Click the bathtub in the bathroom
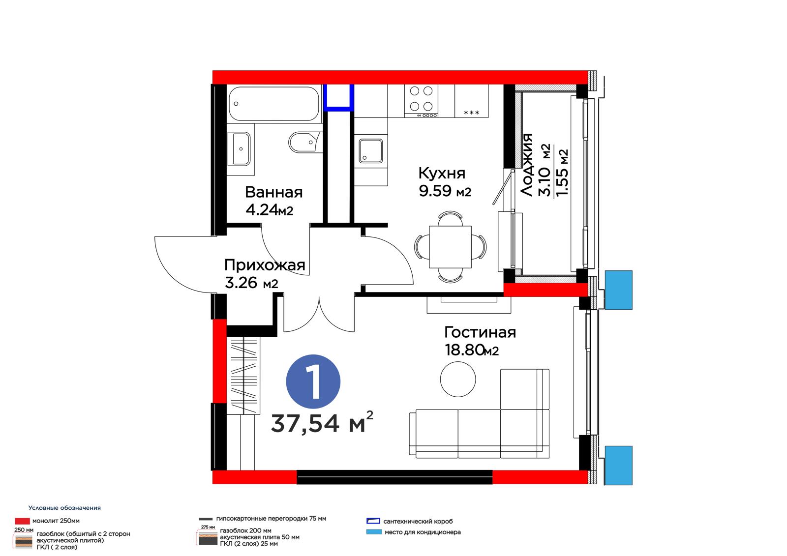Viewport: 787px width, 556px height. coord(273,104)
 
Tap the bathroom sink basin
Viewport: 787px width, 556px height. coord(239,148)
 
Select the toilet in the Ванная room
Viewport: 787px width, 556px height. coord(305,142)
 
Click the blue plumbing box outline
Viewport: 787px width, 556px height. coord(338,98)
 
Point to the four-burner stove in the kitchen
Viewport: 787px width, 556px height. coord(421,101)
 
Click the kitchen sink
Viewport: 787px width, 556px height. coord(371,151)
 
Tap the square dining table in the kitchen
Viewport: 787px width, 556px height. coord(450,247)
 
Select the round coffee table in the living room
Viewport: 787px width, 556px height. coord(458,380)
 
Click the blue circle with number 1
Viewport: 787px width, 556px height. coord(313,381)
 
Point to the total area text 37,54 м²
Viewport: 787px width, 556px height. coord(322,423)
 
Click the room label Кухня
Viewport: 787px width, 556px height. coord(442,173)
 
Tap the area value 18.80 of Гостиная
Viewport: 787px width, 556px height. coord(464,350)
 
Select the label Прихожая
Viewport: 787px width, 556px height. coord(265,265)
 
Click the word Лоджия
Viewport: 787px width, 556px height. coord(527,165)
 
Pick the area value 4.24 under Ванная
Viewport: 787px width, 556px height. coord(262,210)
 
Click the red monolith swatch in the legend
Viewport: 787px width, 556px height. coord(22,521)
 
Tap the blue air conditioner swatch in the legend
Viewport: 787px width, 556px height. coord(374,532)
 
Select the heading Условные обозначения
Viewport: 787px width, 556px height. coord(64,508)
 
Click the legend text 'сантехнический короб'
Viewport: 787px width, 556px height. coord(418,522)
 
